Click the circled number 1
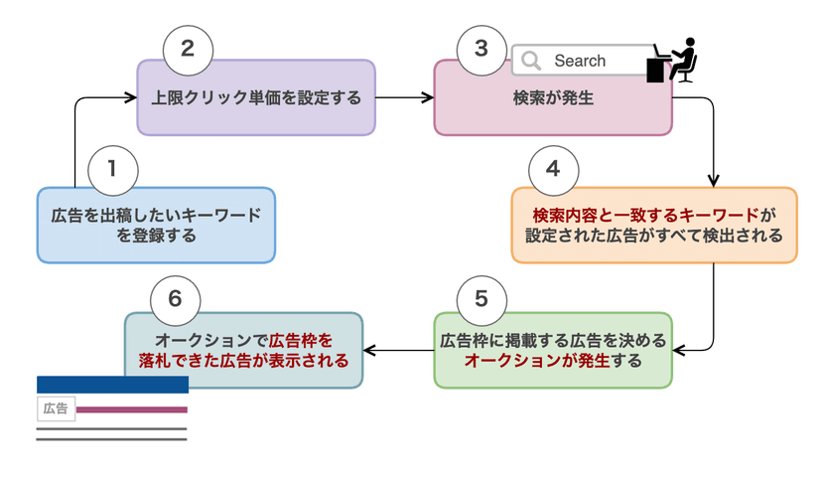pos(113,171)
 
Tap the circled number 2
pos(188,51)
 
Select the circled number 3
pos(481,51)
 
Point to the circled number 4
pos(554,171)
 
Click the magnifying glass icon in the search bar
pos(530,61)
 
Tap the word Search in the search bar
pos(580,61)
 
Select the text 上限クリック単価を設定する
pos(256,97)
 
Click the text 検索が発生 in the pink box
pos(553,97)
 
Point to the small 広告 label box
pos(57,409)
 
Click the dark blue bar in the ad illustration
pos(113,385)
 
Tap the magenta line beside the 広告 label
pos(132,409)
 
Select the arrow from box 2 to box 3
pos(405,97)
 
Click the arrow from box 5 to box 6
pos(398,350)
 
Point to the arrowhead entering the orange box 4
pos(714,181)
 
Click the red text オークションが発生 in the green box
pos(537,361)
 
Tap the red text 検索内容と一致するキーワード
pos(646,215)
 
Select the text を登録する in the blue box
pos(156,236)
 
